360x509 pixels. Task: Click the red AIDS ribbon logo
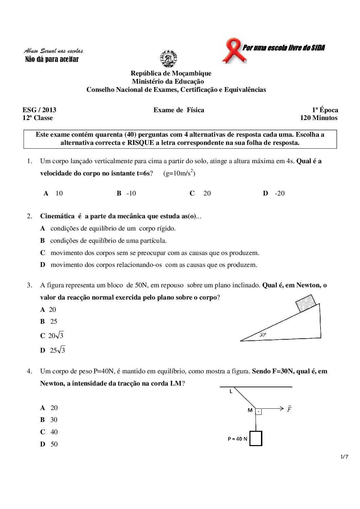coord(233,50)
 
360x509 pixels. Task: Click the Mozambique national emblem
coord(168,58)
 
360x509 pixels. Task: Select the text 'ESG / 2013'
coord(39,110)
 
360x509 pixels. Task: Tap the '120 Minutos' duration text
coord(318,118)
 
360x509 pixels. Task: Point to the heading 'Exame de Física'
coord(179,110)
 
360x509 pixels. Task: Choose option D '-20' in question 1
coord(274,193)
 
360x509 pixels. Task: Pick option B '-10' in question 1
coord(127,193)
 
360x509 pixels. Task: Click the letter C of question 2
coord(43,253)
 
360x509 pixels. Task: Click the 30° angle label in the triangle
coord(263,335)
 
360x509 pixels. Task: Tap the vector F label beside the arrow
coord(289,409)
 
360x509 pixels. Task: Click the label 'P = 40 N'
coord(238,439)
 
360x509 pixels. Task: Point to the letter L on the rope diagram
coord(231,391)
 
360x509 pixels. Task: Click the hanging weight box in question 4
coord(256,438)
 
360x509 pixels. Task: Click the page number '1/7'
coord(344,457)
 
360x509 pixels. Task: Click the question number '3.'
coord(30,285)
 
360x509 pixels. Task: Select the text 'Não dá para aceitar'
coord(52,60)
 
